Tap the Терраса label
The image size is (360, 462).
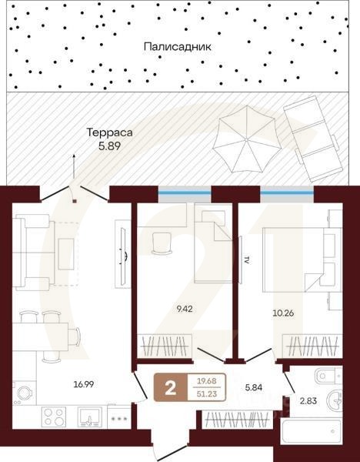coord(109,132)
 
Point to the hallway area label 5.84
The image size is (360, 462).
coord(254,389)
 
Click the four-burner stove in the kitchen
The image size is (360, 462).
coord(54,417)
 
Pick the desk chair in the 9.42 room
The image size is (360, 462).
coord(163,242)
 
